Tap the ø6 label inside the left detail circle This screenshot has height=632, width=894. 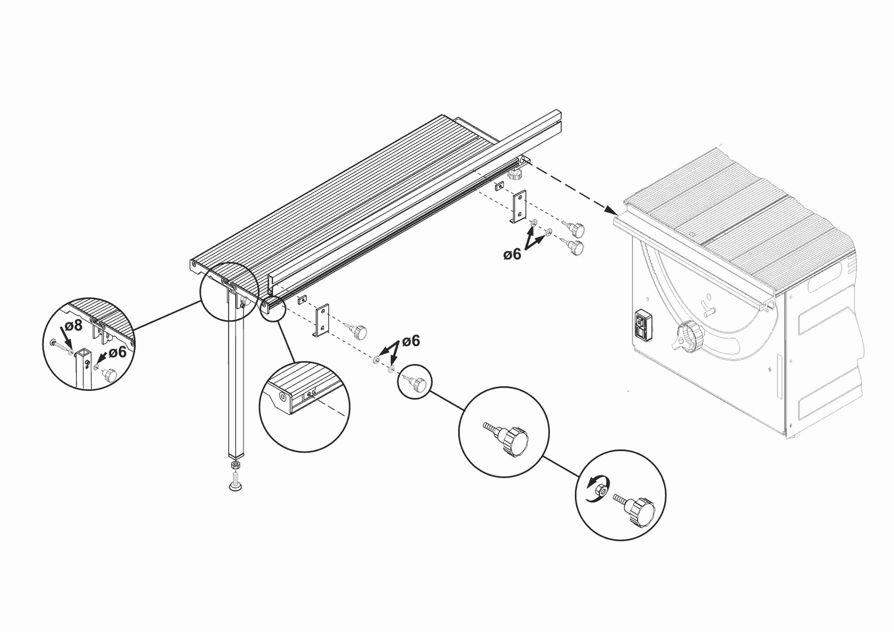click(117, 352)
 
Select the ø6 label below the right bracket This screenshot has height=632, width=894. click(512, 255)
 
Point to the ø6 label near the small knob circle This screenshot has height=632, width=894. click(411, 341)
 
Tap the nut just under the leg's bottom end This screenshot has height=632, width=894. click(236, 464)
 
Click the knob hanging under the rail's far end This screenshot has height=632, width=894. click(515, 173)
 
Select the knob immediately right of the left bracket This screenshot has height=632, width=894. click(358, 332)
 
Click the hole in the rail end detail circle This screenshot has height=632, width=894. click(284, 396)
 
